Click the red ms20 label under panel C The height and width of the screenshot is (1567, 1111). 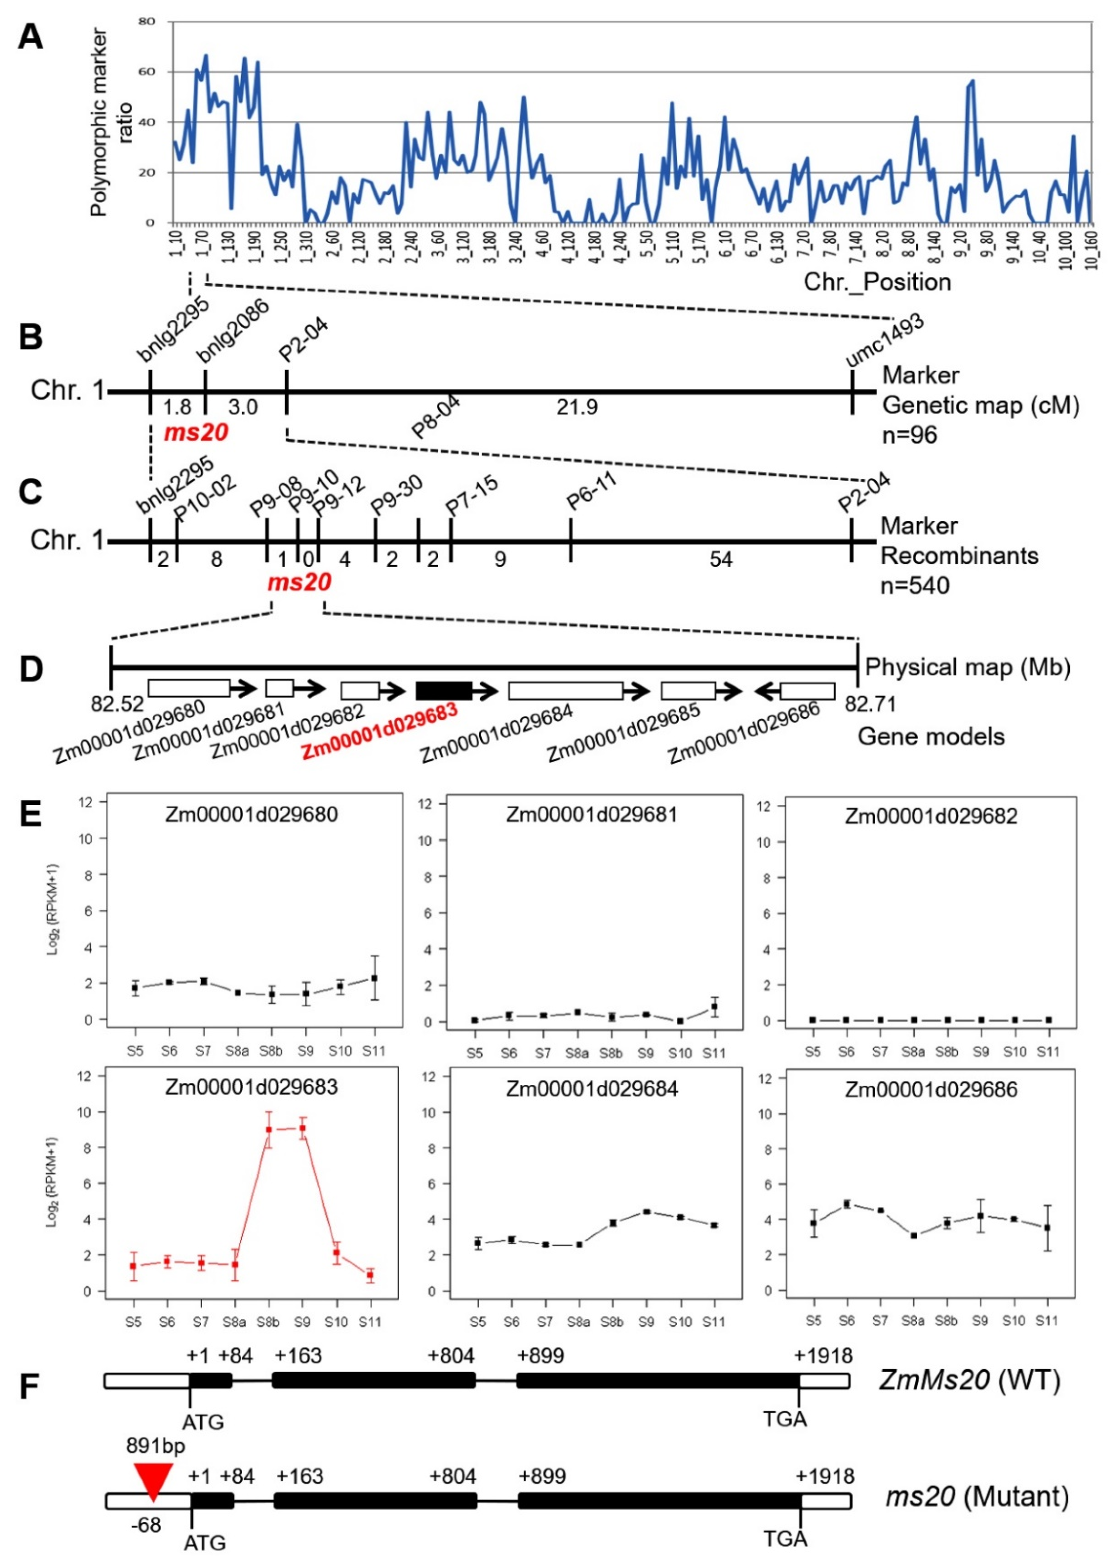[x=299, y=583]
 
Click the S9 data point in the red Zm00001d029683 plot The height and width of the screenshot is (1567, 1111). [x=302, y=1128]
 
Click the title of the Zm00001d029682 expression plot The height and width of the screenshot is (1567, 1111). [x=930, y=816]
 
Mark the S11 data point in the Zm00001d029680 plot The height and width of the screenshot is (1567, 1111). [x=374, y=978]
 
